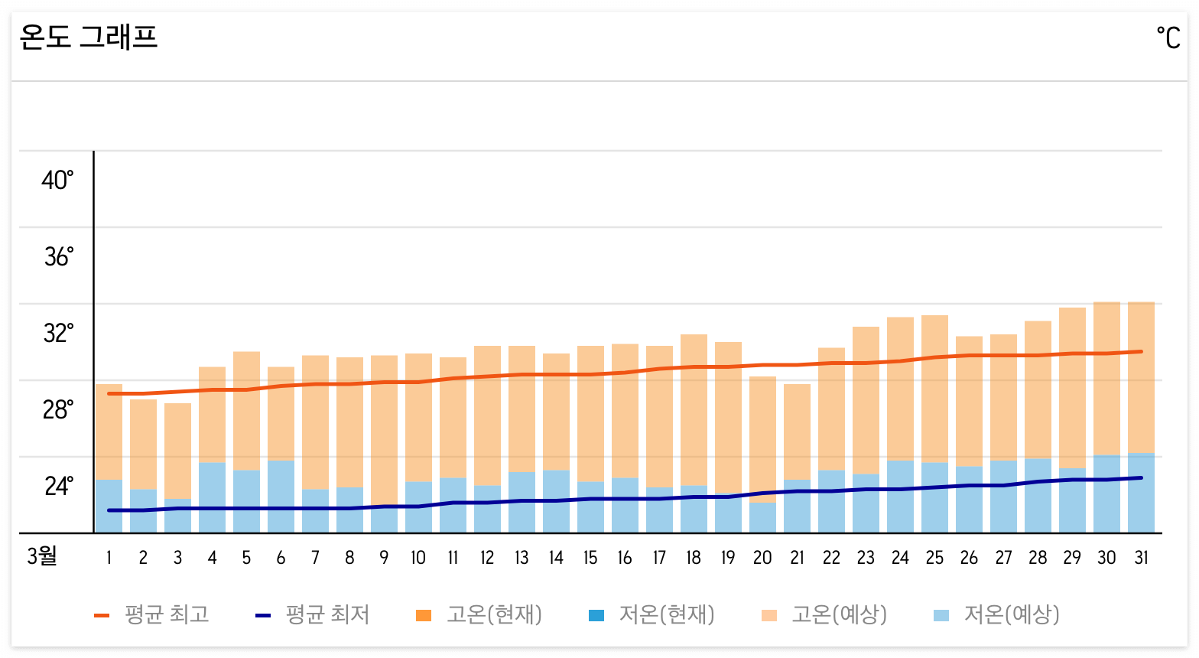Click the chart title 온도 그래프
point(89,37)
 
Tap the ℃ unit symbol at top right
point(1168,37)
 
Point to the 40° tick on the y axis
point(57,181)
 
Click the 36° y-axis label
point(59,257)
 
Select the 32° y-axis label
point(58,334)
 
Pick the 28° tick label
point(58,410)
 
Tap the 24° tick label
point(58,487)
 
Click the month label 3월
point(42,556)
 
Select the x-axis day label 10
point(418,558)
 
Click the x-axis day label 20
point(762,558)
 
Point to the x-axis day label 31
point(1141,558)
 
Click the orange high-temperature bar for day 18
point(694,409)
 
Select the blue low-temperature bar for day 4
point(212,497)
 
